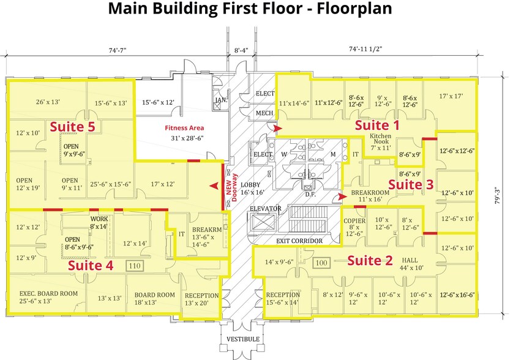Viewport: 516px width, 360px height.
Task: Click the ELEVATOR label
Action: point(265,209)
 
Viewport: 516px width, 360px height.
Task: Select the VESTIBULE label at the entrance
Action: point(244,339)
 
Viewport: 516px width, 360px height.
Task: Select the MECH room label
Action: point(264,113)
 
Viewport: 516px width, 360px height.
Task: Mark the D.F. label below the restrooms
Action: point(311,195)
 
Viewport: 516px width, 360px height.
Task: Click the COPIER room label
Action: point(354,221)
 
